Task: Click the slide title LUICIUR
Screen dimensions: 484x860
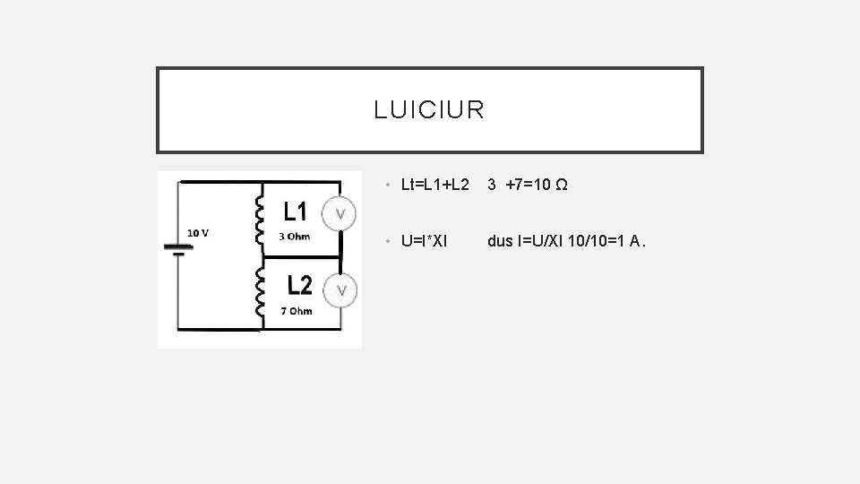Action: click(x=430, y=110)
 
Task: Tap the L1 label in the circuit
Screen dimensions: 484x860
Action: click(x=296, y=212)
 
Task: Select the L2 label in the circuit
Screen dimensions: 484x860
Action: click(x=299, y=285)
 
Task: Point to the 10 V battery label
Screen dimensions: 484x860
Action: click(x=199, y=233)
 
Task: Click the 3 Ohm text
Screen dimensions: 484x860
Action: click(x=295, y=237)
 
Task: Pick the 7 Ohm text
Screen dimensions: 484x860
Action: click(x=297, y=311)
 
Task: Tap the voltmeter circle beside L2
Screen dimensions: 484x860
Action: click(x=341, y=290)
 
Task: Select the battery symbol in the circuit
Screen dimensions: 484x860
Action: click(x=177, y=246)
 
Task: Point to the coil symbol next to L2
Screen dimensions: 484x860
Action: click(x=262, y=291)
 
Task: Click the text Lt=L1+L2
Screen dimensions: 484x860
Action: click(x=435, y=186)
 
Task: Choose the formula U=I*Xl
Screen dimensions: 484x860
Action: click(x=425, y=240)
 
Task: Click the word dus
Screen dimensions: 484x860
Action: click(x=499, y=240)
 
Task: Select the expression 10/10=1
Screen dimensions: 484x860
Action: click(x=595, y=240)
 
